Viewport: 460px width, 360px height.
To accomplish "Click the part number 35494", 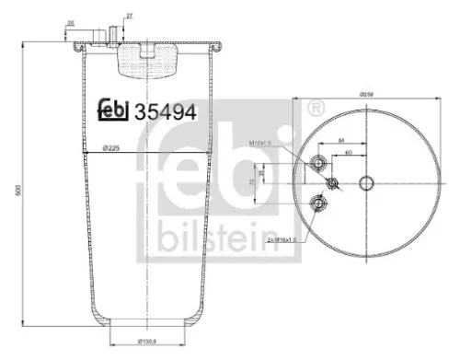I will pyautogui.click(x=166, y=111).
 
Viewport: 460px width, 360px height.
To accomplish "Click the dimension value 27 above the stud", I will pyautogui.click(x=129, y=17).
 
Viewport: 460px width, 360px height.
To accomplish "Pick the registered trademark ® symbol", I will pyautogui.click(x=316, y=108).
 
